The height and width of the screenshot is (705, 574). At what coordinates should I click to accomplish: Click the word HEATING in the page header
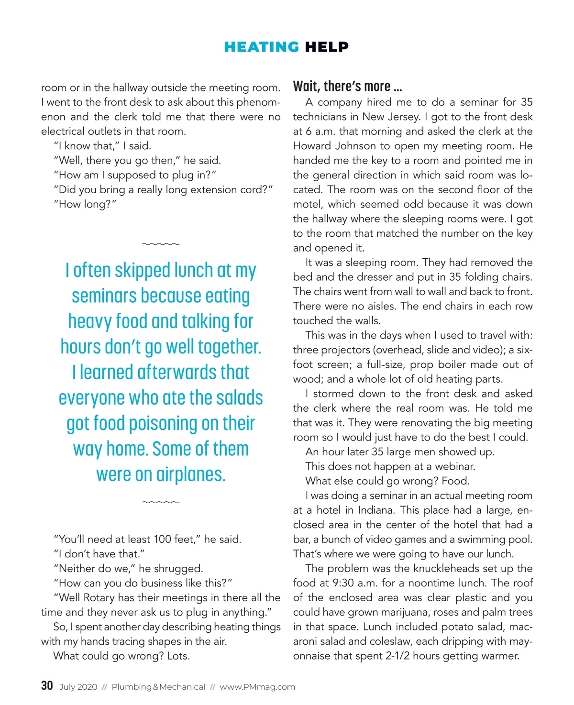tap(261, 47)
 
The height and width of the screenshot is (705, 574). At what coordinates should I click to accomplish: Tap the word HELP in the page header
tap(327, 47)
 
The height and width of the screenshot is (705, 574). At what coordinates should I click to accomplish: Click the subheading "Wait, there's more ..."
tap(347, 87)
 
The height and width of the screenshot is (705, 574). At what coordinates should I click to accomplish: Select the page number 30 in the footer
tap(47, 686)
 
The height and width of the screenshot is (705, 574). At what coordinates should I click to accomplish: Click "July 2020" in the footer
tap(78, 687)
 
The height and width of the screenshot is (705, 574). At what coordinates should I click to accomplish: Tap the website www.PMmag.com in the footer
tap(257, 687)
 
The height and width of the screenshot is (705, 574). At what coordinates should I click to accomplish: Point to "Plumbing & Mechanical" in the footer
tap(158, 687)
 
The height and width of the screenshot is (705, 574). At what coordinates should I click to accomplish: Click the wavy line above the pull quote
tap(161, 244)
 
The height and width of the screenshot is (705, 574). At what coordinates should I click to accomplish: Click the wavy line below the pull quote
tap(161, 502)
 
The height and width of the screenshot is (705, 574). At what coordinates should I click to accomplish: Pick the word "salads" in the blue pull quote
tap(239, 398)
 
